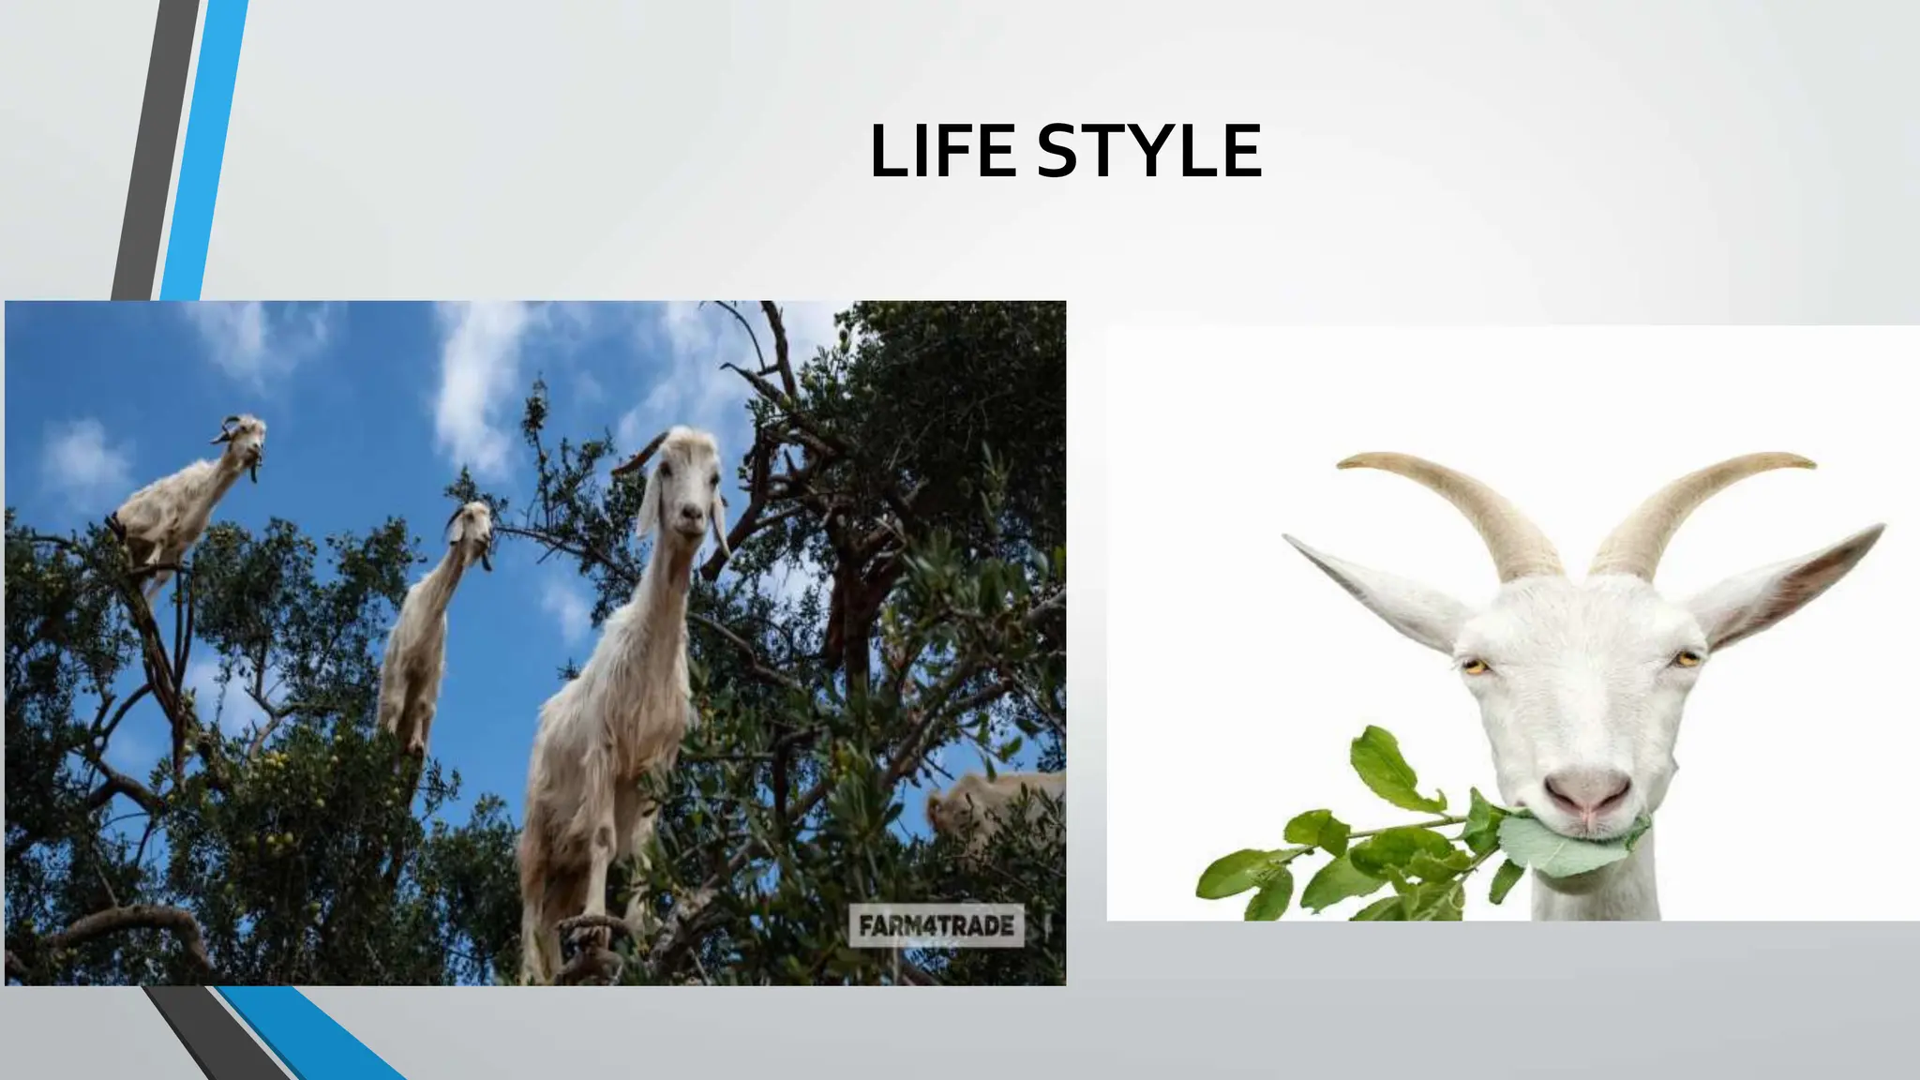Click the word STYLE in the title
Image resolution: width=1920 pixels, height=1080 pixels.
tap(1149, 151)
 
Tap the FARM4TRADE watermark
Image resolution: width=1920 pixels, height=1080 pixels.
tap(936, 926)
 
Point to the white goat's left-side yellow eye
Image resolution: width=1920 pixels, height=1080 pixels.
tap(1476, 667)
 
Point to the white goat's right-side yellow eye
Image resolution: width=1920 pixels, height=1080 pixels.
tap(1687, 659)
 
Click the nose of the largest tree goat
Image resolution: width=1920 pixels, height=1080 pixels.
tap(692, 515)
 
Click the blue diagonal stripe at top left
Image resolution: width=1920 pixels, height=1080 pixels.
tap(202, 150)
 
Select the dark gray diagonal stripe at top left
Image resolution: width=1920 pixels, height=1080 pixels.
tap(155, 150)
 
